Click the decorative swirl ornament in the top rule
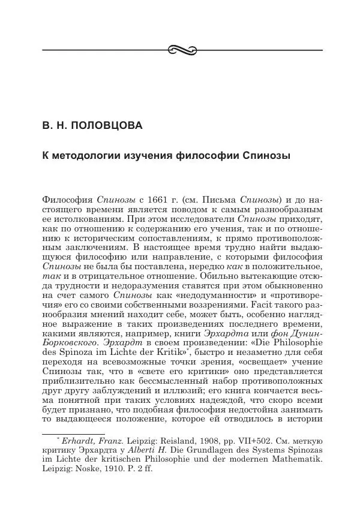180,49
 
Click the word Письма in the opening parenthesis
221,198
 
